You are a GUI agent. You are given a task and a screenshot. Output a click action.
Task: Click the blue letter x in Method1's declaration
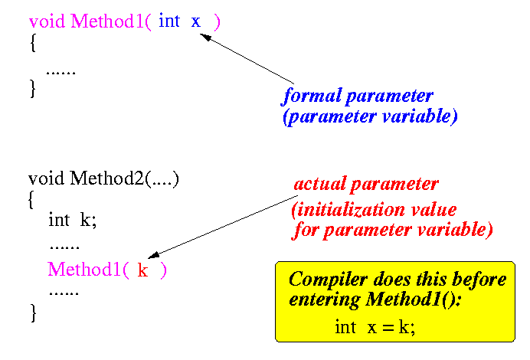point(196,22)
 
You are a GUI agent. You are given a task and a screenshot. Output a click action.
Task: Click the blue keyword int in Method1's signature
point(169,20)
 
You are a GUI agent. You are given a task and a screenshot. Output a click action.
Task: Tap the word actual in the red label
point(320,184)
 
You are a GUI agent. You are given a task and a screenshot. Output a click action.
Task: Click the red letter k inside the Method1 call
point(142,270)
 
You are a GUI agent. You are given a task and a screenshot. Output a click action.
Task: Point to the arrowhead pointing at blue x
point(204,37)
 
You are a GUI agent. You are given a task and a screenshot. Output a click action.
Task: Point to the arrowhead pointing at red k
point(153,255)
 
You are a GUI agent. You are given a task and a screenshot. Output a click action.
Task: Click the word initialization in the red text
point(348,209)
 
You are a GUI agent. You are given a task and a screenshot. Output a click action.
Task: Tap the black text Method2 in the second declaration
point(106,178)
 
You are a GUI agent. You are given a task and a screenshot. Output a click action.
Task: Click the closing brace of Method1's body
point(33,89)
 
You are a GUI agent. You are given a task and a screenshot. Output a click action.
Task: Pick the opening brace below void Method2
point(31,200)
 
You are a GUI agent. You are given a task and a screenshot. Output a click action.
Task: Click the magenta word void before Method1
point(47,21)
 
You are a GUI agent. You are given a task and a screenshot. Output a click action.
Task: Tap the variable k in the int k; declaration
point(86,220)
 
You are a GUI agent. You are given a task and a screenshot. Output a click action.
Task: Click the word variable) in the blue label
point(420,116)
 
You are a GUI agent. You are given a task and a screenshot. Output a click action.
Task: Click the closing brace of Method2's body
point(33,313)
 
